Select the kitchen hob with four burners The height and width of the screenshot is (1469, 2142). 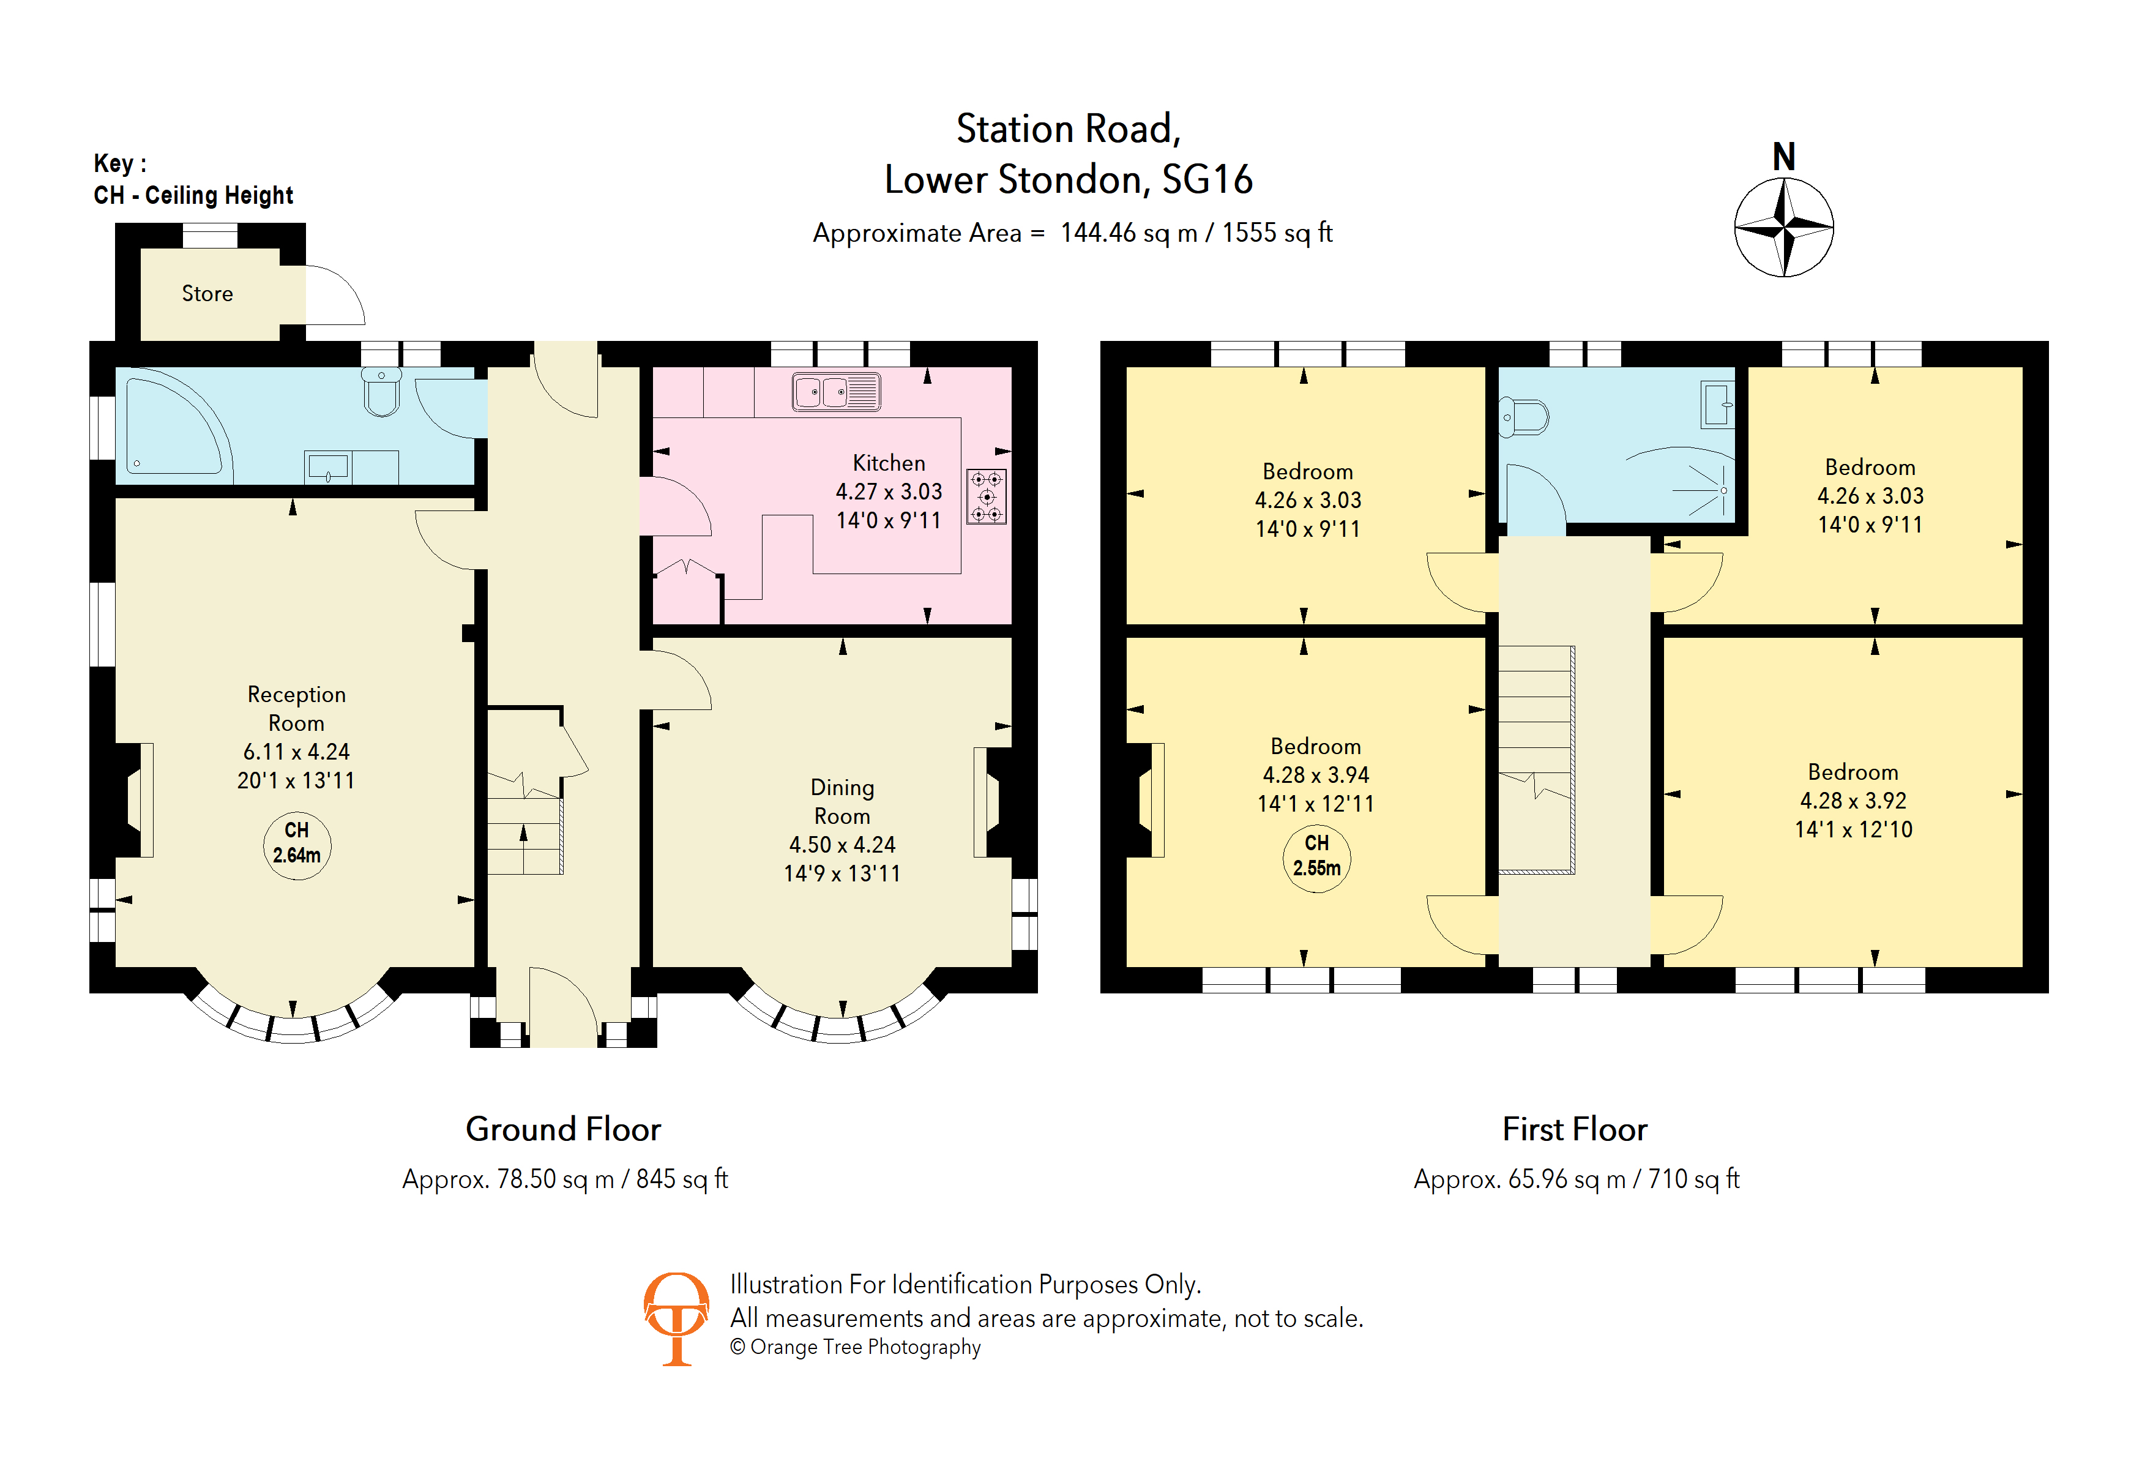986,497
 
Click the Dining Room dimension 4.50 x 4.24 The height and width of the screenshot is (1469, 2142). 841,844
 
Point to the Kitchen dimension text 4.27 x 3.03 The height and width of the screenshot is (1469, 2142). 889,492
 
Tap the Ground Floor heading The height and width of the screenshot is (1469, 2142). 563,1129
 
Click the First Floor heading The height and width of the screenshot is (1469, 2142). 1574,1129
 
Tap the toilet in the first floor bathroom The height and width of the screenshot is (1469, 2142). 1525,417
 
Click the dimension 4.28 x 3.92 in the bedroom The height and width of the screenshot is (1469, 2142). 1853,800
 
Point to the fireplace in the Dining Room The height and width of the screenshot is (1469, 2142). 991,802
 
